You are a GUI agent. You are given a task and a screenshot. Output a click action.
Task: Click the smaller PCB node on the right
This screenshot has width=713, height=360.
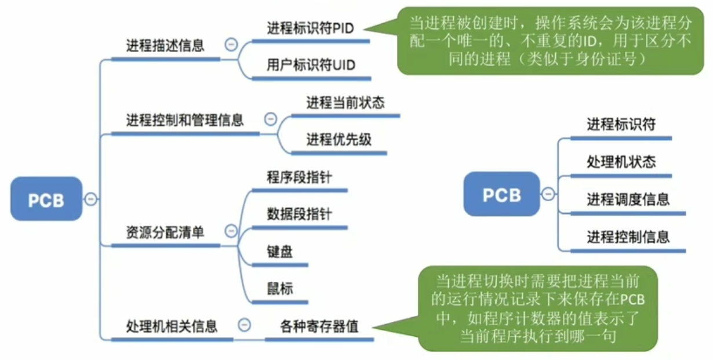pyautogui.click(x=501, y=194)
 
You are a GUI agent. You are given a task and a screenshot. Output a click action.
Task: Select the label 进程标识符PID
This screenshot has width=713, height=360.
pyautogui.click(x=310, y=28)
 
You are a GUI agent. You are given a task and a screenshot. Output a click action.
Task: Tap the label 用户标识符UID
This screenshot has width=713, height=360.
pyautogui.click(x=311, y=64)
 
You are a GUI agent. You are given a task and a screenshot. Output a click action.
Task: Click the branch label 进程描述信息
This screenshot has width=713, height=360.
pyautogui.click(x=165, y=46)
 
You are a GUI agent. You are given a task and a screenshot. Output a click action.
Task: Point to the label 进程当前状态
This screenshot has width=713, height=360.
pyautogui.click(x=345, y=103)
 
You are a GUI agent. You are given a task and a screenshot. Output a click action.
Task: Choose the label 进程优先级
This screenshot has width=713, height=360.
pyautogui.click(x=339, y=140)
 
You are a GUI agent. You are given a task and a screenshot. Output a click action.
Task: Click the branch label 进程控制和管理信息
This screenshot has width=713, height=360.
pyautogui.click(x=185, y=121)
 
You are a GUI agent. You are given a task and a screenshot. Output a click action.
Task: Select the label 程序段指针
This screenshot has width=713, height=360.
pyautogui.click(x=299, y=177)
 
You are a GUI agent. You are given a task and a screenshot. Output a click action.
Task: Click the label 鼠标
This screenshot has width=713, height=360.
pyautogui.click(x=279, y=288)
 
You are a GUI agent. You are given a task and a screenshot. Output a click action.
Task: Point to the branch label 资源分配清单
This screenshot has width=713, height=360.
pyautogui.click(x=165, y=232)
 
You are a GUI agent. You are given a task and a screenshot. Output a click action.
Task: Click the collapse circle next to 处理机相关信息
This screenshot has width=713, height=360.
pyautogui.click(x=245, y=326)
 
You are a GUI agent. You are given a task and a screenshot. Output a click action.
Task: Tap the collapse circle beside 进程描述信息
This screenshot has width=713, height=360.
pyautogui.click(x=231, y=45)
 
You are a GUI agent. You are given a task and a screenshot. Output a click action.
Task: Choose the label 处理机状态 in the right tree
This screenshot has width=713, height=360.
pyautogui.click(x=621, y=161)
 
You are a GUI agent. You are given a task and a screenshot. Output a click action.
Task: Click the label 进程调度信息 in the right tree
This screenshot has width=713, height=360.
pyautogui.click(x=628, y=199)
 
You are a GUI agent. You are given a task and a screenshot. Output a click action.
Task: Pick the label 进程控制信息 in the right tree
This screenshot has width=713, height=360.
pyautogui.click(x=628, y=237)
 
